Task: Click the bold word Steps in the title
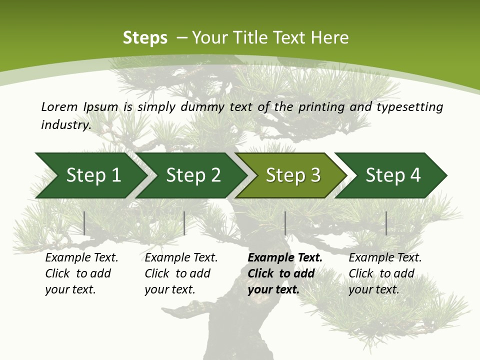pyautogui.click(x=145, y=38)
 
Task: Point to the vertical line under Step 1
pyautogui.click(x=84, y=223)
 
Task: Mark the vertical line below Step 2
pyautogui.click(x=184, y=223)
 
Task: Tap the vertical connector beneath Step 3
pyautogui.click(x=285, y=223)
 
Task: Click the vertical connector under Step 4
pyautogui.click(x=386, y=223)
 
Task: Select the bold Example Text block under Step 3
pyautogui.click(x=285, y=273)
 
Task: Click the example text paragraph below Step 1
pyautogui.click(x=81, y=273)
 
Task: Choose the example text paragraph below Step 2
pyautogui.click(x=181, y=273)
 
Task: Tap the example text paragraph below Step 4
pyautogui.click(x=385, y=273)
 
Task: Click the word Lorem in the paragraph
pyautogui.click(x=59, y=107)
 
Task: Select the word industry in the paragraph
pyautogui.click(x=66, y=125)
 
